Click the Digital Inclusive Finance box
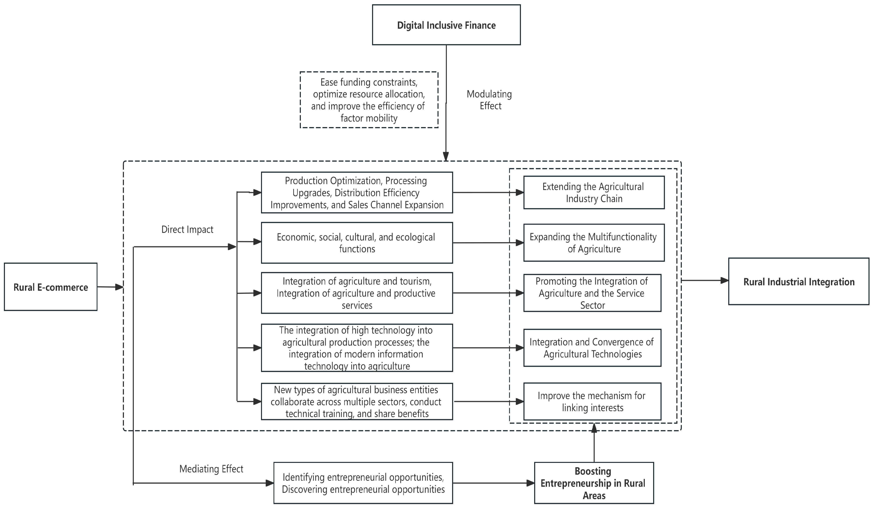446,25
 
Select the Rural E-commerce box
50,287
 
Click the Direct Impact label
187,229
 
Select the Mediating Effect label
211,469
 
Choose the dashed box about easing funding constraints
369,100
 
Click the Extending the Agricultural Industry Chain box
594,192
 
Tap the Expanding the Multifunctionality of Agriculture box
594,243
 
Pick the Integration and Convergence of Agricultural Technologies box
592,348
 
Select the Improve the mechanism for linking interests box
592,401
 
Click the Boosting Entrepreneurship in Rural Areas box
594,483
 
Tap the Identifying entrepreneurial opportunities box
363,483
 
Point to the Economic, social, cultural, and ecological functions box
357,243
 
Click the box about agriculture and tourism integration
357,293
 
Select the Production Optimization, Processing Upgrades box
357,192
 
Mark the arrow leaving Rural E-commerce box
110,287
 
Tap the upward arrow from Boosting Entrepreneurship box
594,442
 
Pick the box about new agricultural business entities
357,401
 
